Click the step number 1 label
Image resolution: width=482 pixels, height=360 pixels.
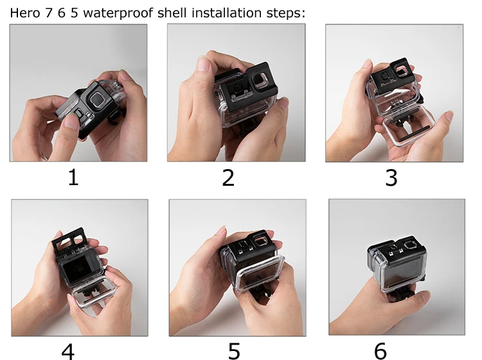coord(73,177)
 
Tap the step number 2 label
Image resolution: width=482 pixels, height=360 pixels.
coord(228,177)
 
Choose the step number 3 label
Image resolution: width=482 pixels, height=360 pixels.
coord(391,177)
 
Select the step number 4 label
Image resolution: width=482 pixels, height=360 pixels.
coord(68,351)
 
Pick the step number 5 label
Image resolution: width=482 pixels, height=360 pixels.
coord(234,351)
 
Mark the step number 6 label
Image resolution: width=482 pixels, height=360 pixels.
coord(380,351)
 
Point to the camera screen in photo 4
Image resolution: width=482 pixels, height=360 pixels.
coord(78,268)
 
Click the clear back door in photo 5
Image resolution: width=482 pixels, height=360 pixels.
coord(260,273)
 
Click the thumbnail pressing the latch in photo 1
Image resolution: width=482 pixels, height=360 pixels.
coord(71,121)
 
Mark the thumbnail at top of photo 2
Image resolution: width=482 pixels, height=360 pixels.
coord(204,64)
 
